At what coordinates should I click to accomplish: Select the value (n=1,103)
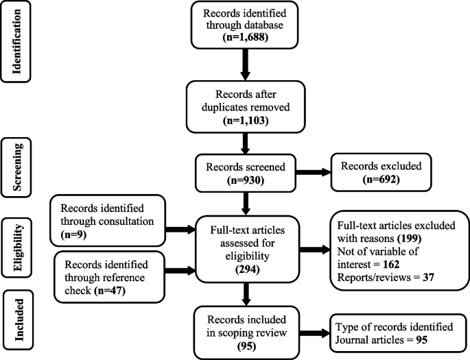click(245, 121)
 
